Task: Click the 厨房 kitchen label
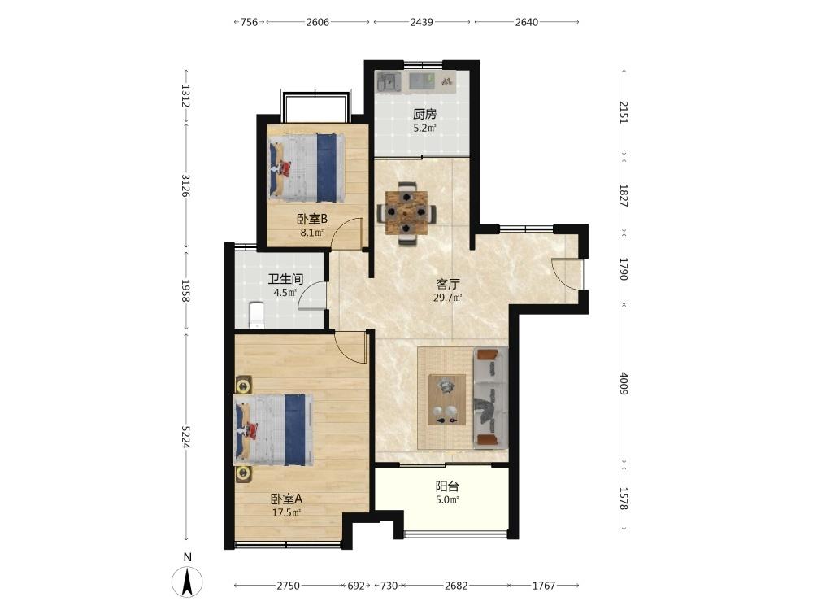(424, 114)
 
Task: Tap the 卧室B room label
(312, 220)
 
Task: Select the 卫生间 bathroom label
(285, 279)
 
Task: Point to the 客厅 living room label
(447, 284)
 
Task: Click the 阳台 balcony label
(447, 486)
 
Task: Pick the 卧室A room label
(286, 499)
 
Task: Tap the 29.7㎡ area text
(447, 298)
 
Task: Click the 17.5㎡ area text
(287, 512)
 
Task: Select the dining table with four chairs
(406, 212)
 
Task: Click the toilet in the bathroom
(257, 316)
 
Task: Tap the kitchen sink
(389, 82)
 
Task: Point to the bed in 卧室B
(307, 168)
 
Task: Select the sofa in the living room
(490, 398)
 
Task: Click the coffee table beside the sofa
(446, 399)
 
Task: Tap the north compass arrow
(187, 582)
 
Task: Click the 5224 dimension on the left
(186, 437)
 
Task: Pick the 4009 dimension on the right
(624, 383)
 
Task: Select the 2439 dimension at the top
(421, 22)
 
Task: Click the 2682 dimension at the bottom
(456, 586)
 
